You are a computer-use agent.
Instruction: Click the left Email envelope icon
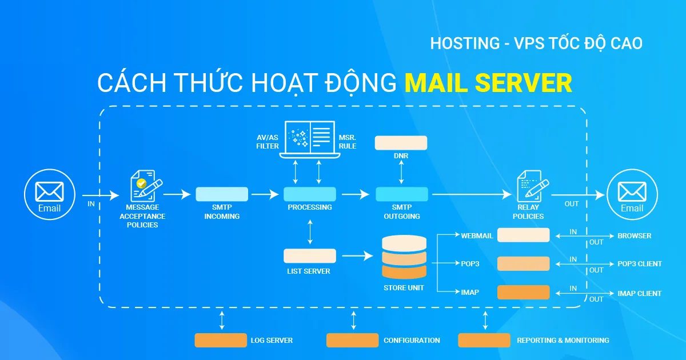click(49, 191)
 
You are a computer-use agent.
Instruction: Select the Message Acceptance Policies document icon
click(143, 184)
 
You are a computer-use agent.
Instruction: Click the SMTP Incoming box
click(222, 194)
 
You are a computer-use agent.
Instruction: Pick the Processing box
click(310, 194)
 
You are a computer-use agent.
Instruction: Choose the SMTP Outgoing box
click(401, 194)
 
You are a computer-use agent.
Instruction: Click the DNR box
click(401, 142)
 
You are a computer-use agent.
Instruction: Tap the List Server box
click(310, 255)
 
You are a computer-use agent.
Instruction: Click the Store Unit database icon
click(404, 257)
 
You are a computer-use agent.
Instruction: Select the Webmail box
click(523, 235)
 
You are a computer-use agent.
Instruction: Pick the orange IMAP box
click(523, 293)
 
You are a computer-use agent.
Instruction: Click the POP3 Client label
click(639, 264)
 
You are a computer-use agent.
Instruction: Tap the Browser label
click(634, 235)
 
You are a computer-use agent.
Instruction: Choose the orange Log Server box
click(221, 341)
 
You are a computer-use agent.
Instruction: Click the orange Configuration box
click(352, 341)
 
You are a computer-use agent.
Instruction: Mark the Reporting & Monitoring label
click(563, 341)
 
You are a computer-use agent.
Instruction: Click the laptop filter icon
click(310, 137)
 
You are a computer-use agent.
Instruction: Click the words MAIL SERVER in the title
click(488, 83)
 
